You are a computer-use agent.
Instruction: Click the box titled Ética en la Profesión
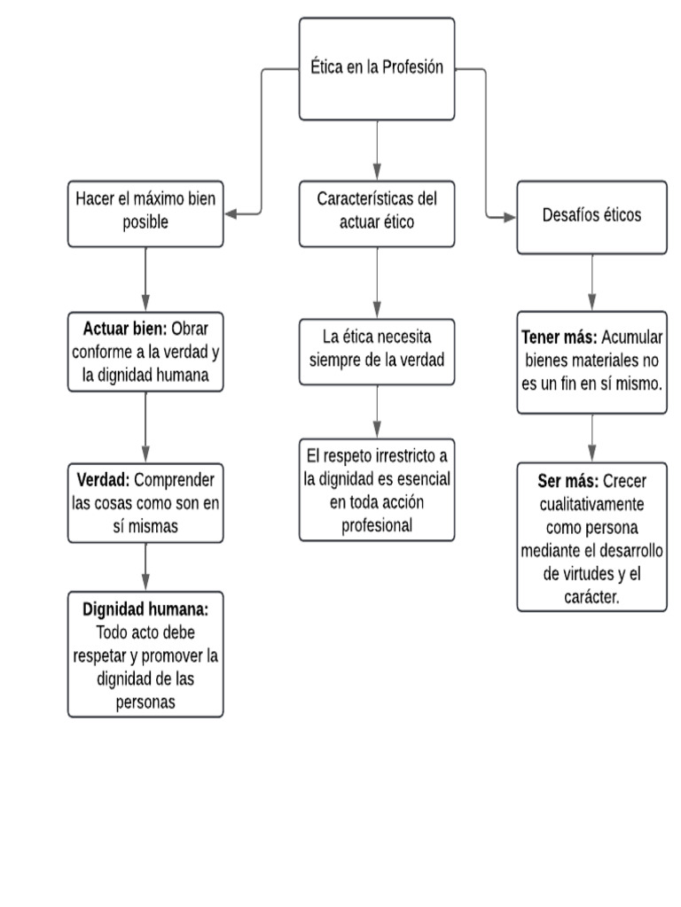click(x=377, y=69)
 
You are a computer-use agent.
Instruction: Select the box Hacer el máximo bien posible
click(x=145, y=213)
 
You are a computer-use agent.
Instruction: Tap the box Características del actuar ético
click(x=377, y=213)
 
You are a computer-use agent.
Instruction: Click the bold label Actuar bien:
click(x=125, y=329)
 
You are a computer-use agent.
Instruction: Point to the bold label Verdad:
click(x=103, y=479)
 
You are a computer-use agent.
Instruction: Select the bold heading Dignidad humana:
click(x=145, y=609)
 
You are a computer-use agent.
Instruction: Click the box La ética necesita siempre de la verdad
click(x=377, y=351)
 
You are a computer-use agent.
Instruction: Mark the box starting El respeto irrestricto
click(x=377, y=489)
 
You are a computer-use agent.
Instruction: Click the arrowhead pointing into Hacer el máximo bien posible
click(x=231, y=213)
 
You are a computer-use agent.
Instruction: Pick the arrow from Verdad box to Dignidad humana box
click(x=145, y=567)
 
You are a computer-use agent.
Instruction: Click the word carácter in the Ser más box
click(x=591, y=597)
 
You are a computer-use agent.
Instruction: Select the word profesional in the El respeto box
click(x=377, y=524)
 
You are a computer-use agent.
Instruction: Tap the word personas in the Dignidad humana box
click(x=145, y=702)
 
